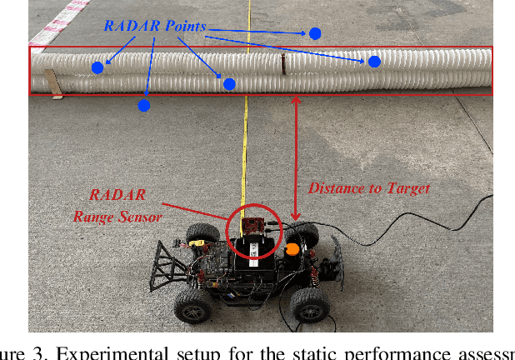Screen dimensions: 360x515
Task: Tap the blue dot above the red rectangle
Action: (x=315, y=33)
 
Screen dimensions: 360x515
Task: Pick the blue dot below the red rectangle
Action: (x=143, y=105)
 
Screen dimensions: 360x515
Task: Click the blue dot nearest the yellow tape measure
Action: (x=229, y=83)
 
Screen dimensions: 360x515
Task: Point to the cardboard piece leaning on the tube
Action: (x=54, y=82)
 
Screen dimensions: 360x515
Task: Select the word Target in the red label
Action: (x=408, y=188)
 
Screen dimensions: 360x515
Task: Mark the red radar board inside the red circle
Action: (x=253, y=227)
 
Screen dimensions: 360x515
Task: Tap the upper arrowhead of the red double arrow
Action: (x=296, y=99)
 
